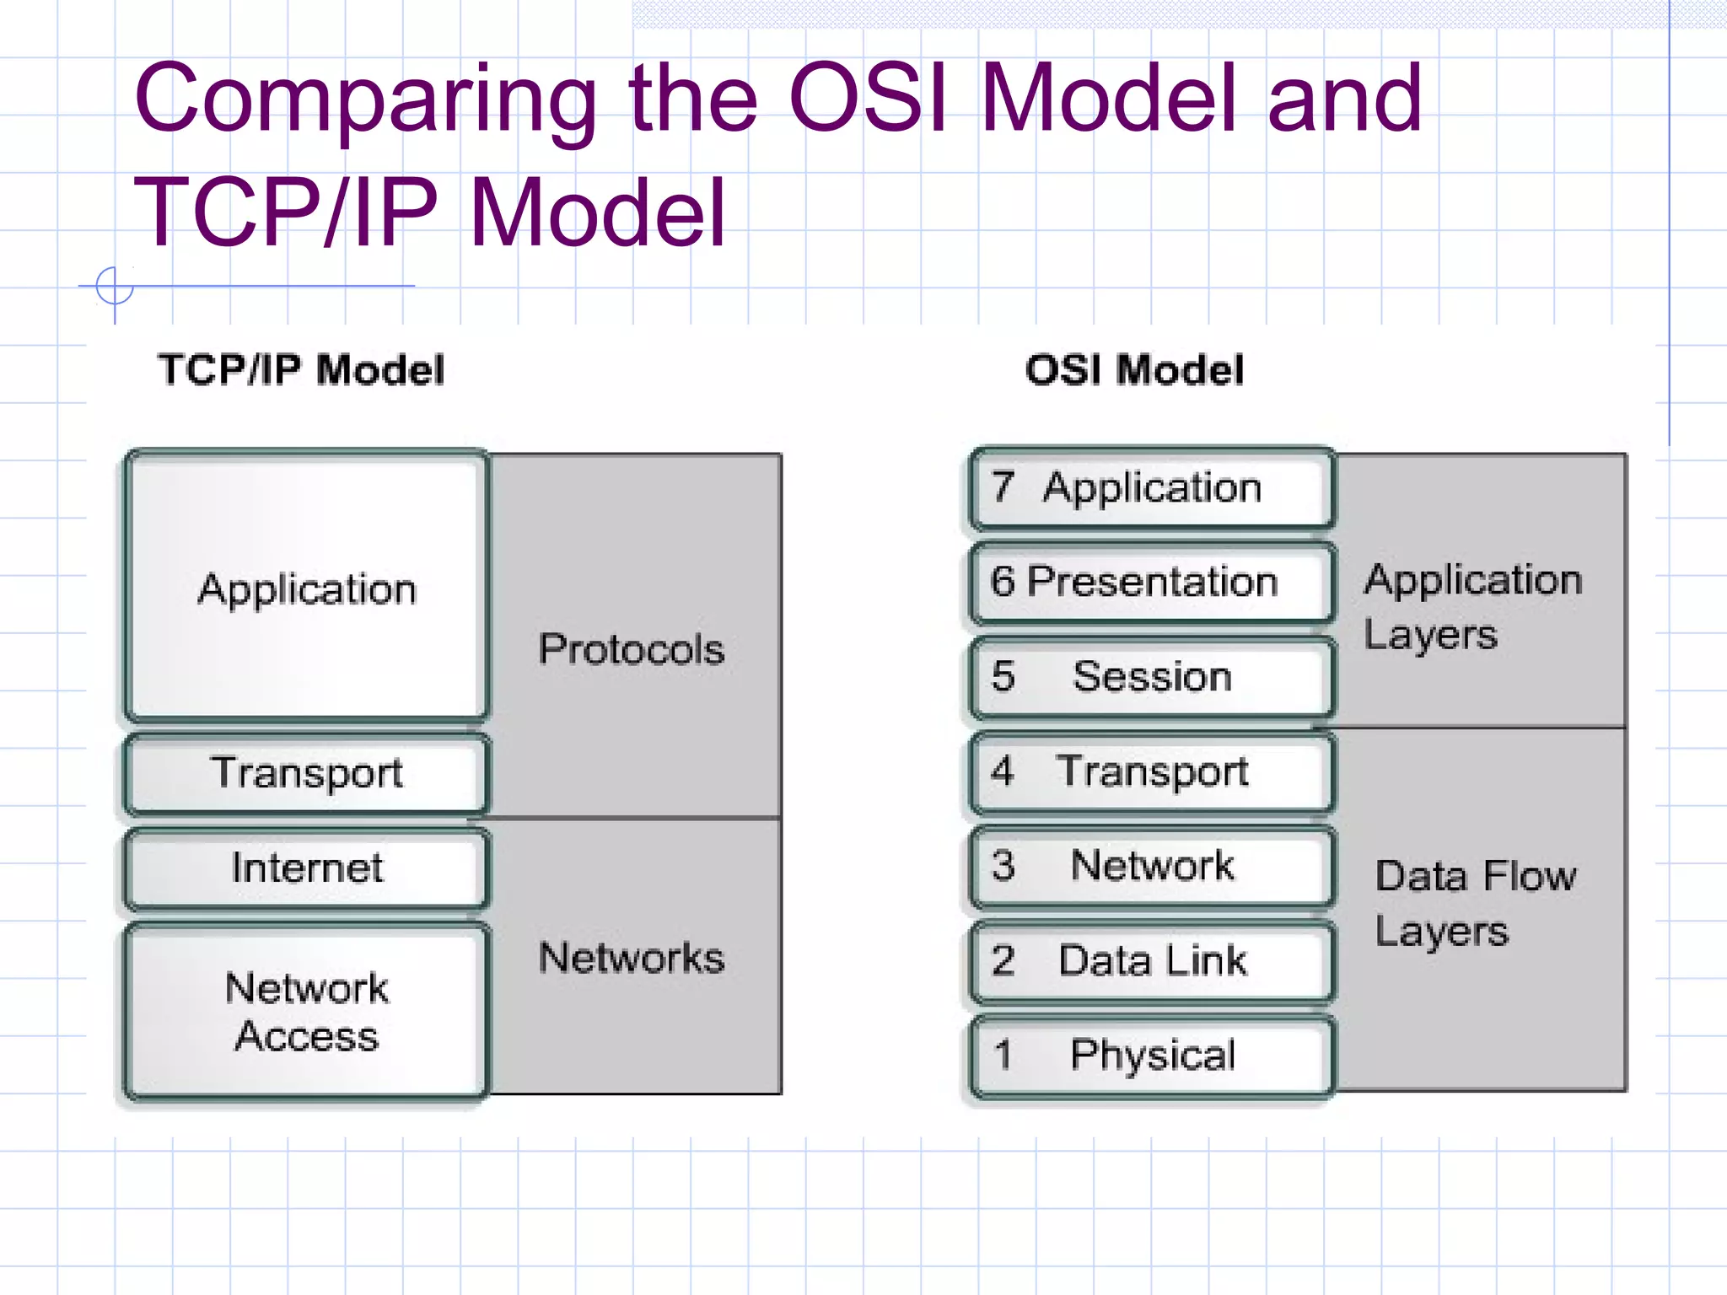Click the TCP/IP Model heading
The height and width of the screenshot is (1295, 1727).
click(301, 370)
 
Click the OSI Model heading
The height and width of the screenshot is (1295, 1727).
click(1134, 370)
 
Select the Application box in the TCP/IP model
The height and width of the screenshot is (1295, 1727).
click(307, 588)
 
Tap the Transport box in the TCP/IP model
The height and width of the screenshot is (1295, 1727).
click(307, 772)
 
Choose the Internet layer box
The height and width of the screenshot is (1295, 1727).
click(307, 868)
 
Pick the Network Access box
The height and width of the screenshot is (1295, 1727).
click(307, 1011)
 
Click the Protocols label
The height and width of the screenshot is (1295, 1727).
click(632, 649)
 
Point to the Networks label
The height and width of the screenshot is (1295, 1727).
click(632, 958)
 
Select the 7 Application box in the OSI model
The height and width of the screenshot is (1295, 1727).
click(1152, 488)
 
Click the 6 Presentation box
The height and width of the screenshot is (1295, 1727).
click(1152, 582)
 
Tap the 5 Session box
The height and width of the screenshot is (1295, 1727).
click(1152, 676)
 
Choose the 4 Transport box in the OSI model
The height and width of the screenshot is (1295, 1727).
click(1152, 771)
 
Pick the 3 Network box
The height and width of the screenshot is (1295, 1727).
click(1152, 865)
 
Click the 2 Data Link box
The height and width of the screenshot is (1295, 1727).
click(1152, 960)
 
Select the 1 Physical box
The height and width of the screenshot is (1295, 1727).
click(1152, 1055)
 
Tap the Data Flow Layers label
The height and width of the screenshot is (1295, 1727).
click(1474, 903)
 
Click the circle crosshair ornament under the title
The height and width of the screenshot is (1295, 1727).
click(115, 287)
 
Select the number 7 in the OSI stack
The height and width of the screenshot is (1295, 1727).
click(1003, 486)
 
